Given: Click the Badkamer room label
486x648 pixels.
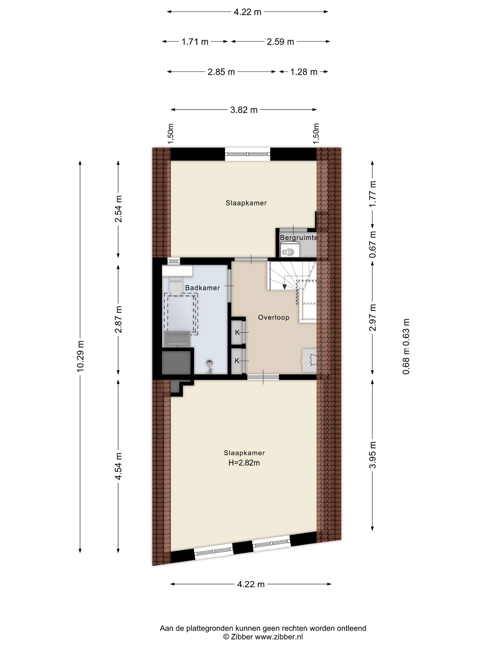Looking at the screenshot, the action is point(202,288).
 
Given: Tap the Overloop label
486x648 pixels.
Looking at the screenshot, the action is point(274,317).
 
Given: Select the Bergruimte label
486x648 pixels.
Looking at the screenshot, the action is point(299,238).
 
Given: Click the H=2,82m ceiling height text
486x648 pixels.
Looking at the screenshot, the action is point(244,463).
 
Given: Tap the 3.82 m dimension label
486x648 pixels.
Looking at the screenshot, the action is point(244,110).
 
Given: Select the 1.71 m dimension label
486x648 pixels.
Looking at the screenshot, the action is point(195,42).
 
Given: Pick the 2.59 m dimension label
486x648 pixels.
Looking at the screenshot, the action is point(280,42).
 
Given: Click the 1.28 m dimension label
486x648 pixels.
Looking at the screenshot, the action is point(304,72).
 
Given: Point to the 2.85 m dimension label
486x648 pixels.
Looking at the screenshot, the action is point(221,72).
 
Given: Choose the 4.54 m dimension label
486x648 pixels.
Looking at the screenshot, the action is point(118,466).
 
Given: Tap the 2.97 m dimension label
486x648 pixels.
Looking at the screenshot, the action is point(373,318).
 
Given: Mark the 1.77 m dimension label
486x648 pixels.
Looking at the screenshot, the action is point(373,194).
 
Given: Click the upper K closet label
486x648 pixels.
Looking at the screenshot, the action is point(237,333).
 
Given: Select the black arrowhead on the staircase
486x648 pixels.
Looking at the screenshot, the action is point(284,286).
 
